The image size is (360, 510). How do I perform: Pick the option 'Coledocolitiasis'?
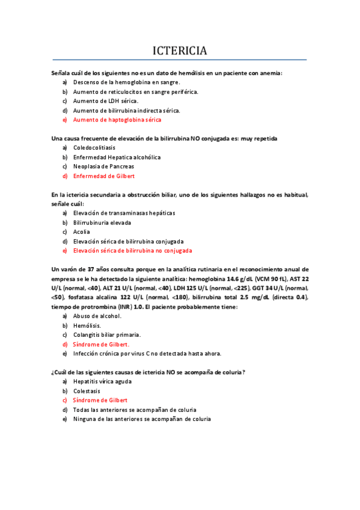pyautogui.click(x=94, y=147)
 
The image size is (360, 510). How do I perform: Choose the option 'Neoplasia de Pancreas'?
pyautogui.click(x=103, y=166)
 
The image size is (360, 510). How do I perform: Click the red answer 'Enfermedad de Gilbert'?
pyautogui.click(x=103, y=176)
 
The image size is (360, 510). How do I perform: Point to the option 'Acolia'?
pyautogui.click(x=82, y=232)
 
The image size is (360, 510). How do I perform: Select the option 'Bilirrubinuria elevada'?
pyautogui.click(x=102, y=222)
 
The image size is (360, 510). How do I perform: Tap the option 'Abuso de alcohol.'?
pyautogui.click(x=97, y=316)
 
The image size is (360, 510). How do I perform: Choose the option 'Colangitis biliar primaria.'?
pyautogui.click(x=107, y=334)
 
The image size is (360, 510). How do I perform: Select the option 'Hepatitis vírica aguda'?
pyautogui.click(x=102, y=381)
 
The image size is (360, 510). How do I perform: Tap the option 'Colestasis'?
pyautogui.click(x=87, y=391)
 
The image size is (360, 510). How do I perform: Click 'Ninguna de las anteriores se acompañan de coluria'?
pyautogui.click(x=142, y=419)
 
